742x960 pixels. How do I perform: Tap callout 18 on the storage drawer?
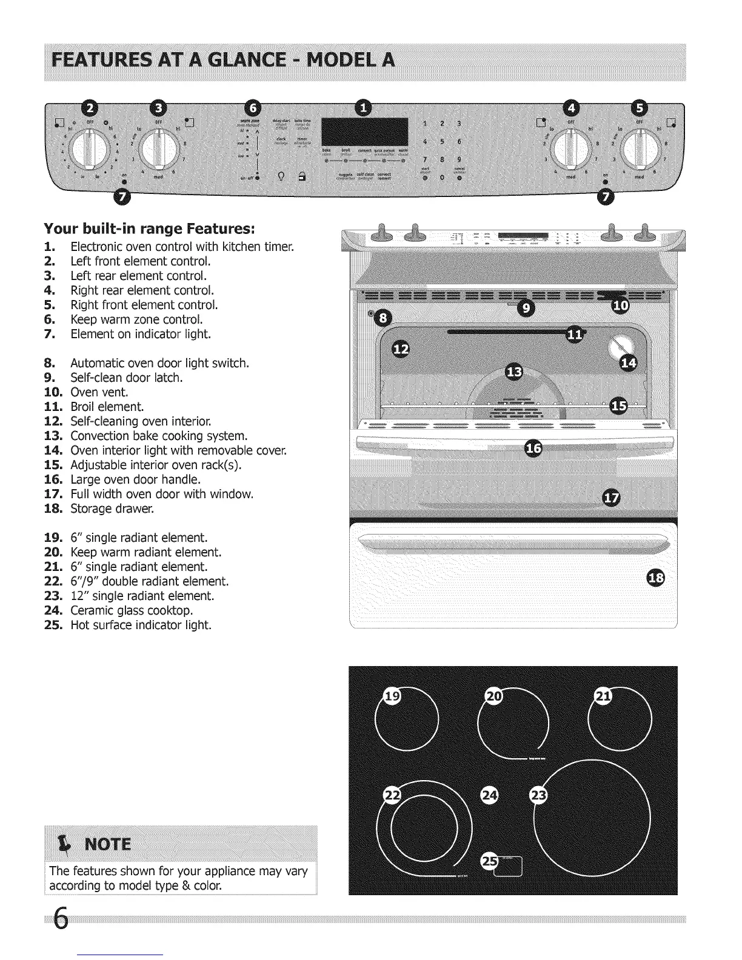[x=656, y=578]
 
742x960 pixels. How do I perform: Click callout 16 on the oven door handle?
[x=533, y=449]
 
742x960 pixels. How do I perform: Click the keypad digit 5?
[x=443, y=142]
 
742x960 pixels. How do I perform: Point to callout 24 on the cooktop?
[x=489, y=795]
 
